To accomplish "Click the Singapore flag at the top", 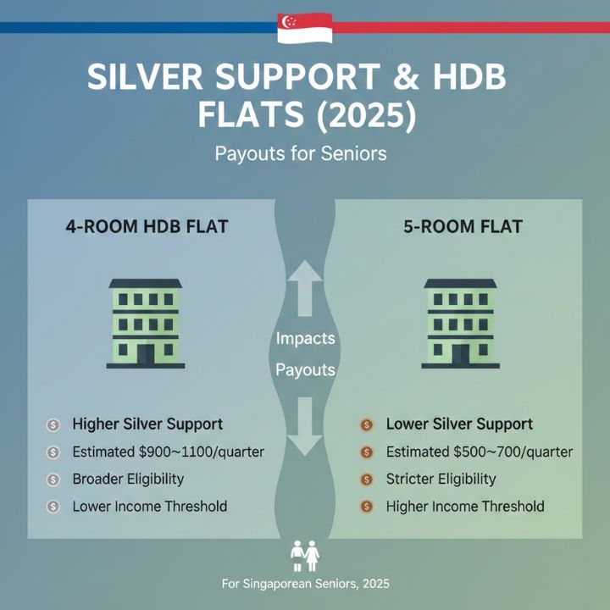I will pos(304,27).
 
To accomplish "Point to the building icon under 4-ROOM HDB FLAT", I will pos(145,323).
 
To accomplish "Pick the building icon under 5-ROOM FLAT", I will pos(460,323).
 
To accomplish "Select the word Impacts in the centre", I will pos(305,338).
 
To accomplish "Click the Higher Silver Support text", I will pos(147,424).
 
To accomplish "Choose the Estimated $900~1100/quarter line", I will pos(168,452).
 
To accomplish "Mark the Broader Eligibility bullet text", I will pos(128,479).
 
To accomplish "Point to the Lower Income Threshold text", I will pos(149,507).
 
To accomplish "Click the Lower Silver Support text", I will pos(458,424).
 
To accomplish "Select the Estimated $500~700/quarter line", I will pos(479,452).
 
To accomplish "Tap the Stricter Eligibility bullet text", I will pos(441,479).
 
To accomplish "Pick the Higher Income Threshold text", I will pos(464,507).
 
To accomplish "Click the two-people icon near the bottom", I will pos(304,555).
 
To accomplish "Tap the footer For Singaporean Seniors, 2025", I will pos(305,585).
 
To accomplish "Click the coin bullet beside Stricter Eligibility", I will pos(367,480).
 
